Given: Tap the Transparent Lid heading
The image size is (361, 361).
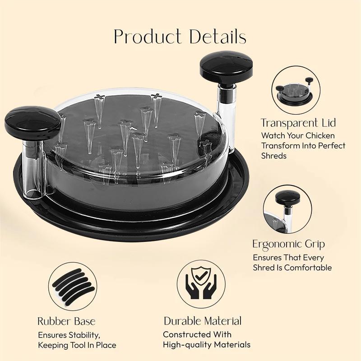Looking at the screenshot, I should point(298,123).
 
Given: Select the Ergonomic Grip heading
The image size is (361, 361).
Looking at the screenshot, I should point(288,244).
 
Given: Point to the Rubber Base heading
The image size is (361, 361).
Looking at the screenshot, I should point(66,321).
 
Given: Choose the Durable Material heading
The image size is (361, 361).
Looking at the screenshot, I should point(203,321).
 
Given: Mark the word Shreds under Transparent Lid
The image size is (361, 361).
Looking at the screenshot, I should point(274,156).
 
